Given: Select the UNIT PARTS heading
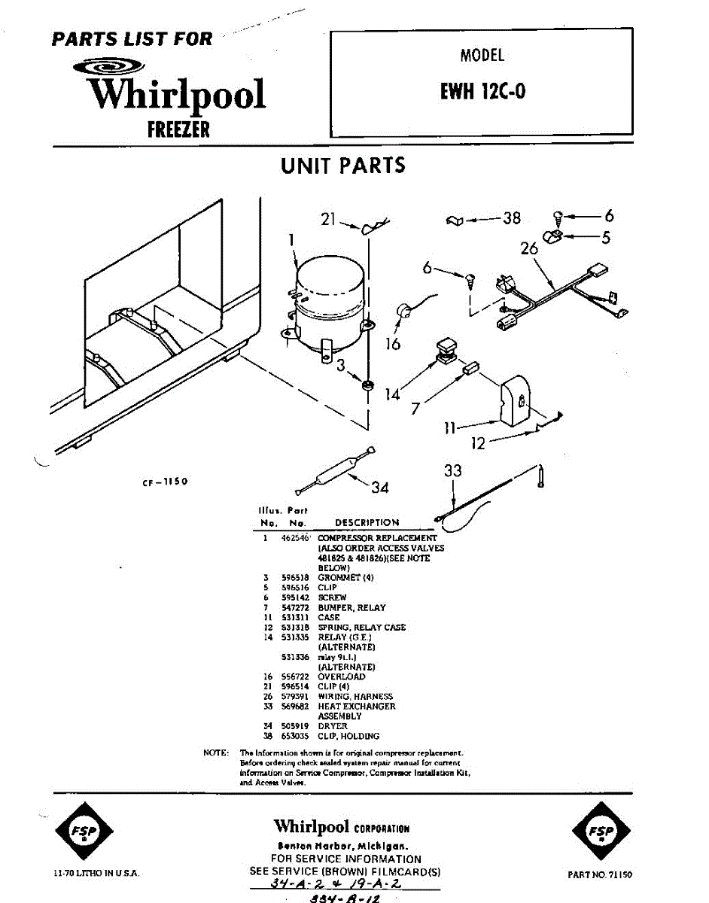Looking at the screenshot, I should [x=342, y=166].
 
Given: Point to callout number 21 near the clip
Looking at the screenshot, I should [x=327, y=219].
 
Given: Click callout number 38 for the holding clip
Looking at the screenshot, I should [x=512, y=218].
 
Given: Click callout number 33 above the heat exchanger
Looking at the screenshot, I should [x=452, y=472].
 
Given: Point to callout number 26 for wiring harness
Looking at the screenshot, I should [x=530, y=248].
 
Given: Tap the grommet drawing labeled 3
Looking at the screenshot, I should [x=368, y=386].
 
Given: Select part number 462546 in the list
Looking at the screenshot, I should [x=296, y=539].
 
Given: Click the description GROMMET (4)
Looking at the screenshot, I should [x=345, y=578].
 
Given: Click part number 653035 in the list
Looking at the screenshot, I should [x=296, y=736].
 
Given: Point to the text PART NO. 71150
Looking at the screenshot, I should [x=600, y=874].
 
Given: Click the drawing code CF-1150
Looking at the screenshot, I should [x=164, y=482].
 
